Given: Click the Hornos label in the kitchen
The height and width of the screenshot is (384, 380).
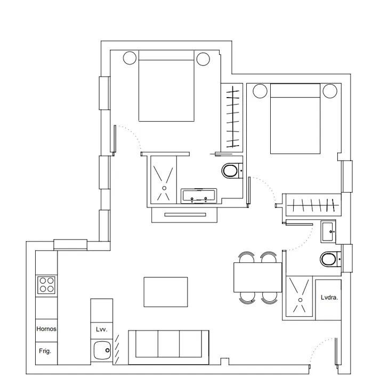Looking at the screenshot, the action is click(x=46, y=329).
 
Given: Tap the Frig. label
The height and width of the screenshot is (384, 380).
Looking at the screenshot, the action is click(x=45, y=351).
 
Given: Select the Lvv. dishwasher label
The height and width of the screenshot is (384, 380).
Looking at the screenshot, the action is click(x=102, y=330).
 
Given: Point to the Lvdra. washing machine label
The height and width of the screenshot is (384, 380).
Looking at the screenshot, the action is click(x=329, y=298).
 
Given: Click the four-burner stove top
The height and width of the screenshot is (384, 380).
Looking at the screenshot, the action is click(x=46, y=285).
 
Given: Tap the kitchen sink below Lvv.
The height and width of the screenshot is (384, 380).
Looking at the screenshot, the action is click(x=102, y=350).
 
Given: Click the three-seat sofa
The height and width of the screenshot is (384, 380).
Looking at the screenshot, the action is click(x=168, y=347).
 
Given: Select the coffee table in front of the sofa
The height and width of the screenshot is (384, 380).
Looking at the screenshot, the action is click(x=166, y=292).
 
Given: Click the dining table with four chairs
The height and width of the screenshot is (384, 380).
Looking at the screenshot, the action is click(x=257, y=277).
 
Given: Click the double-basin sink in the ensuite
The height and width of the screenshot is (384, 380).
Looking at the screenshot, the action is click(x=199, y=196).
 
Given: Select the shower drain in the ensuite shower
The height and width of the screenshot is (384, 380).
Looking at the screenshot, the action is click(x=164, y=188).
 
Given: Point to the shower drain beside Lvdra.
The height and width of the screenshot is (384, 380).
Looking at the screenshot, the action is click(x=300, y=300).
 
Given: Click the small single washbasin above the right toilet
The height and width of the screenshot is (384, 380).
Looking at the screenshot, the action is click(x=328, y=231).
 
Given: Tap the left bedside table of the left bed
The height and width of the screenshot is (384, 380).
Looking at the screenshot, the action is click(x=130, y=58).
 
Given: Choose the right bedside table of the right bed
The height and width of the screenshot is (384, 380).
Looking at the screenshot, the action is click(x=330, y=91).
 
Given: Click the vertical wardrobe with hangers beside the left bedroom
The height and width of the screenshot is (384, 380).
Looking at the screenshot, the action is click(x=232, y=117).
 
